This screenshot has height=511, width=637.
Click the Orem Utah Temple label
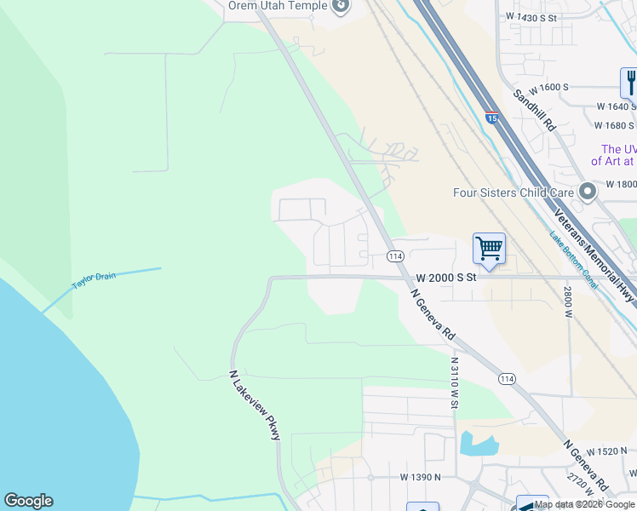coord(278,6)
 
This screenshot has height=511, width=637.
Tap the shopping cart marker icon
coord(490,249)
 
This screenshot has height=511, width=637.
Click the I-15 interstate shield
coord(491,119)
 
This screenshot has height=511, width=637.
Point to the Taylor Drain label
coord(93,281)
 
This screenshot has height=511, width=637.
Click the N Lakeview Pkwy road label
coord(255,405)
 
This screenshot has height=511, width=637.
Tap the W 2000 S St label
coord(445,278)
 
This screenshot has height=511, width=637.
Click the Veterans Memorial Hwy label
coord(594,254)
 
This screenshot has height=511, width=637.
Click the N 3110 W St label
coord(455,382)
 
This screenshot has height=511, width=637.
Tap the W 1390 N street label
coord(420,478)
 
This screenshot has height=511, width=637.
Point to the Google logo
coord(28,501)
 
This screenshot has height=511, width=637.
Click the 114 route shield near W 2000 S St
coord(394,255)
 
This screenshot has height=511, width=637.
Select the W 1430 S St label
coord(531,17)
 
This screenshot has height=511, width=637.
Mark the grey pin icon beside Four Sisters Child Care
coord(587,192)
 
